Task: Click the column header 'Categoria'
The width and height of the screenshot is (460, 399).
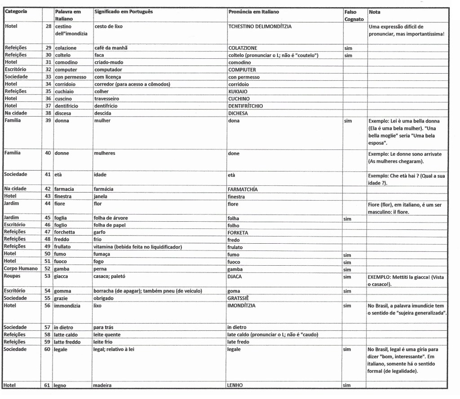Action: pyautogui.click(x=16, y=12)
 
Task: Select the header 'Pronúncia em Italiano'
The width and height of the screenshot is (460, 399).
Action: pyautogui.click(x=253, y=12)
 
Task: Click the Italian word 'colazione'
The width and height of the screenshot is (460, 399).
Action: pyautogui.click(x=66, y=48)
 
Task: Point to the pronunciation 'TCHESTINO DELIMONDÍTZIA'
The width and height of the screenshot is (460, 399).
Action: pyautogui.click(x=260, y=26)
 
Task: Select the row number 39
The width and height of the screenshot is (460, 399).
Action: pyautogui.click(x=48, y=121)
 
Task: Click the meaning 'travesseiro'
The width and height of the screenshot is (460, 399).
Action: pyautogui.click(x=108, y=99)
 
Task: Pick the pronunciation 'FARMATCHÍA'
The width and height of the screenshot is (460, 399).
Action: pyautogui.click(x=243, y=189)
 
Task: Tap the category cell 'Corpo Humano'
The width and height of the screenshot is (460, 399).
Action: pyautogui.click(x=22, y=269)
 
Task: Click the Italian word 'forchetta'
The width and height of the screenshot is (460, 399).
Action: pyautogui.click(x=65, y=232)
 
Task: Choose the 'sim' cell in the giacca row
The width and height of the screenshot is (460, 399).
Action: pyautogui.click(x=347, y=277)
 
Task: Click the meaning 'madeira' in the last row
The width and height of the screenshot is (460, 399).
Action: pyautogui.click(x=102, y=385)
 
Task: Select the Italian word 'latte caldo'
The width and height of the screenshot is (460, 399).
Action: pyautogui.click(x=66, y=335)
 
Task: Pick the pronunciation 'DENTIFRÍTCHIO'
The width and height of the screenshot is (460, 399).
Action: pyautogui.click(x=245, y=106)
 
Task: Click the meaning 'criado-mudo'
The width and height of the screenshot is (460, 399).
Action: pyautogui.click(x=109, y=62)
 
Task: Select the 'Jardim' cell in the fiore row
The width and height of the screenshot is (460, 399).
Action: pyautogui.click(x=12, y=203)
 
